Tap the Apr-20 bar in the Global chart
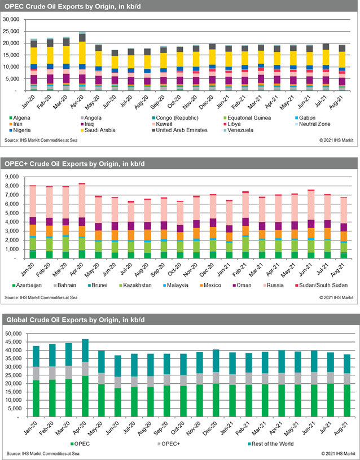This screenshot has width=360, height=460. click(x=85, y=378)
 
